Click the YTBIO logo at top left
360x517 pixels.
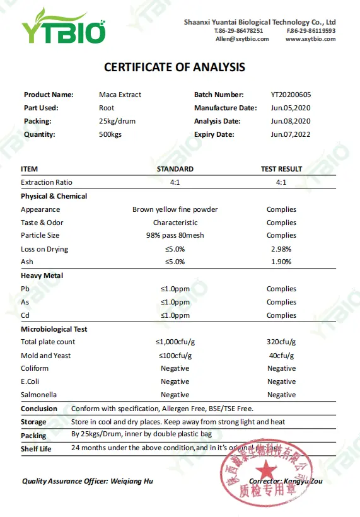pyautogui.click(x=63, y=27)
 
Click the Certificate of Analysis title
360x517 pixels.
pyautogui.click(x=175, y=67)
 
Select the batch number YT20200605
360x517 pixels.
pyautogui.click(x=291, y=95)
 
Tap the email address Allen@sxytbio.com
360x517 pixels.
pyautogui.click(x=242, y=39)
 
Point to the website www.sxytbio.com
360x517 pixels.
pyautogui.click(x=310, y=39)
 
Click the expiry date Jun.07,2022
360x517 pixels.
pyautogui.click(x=291, y=134)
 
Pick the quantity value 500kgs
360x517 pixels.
pyautogui.click(x=112, y=134)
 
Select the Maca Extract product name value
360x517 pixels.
pyautogui.click(x=120, y=95)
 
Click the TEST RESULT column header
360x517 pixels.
pyautogui.click(x=281, y=169)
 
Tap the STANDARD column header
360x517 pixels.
pyautogui.click(x=175, y=169)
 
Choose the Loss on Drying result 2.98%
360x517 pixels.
pyautogui.click(x=281, y=249)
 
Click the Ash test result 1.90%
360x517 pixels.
pyautogui.click(x=281, y=262)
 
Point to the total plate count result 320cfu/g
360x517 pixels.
pyautogui.click(x=281, y=342)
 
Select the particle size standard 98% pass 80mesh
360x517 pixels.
pyautogui.click(x=175, y=236)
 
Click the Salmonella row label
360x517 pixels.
pyautogui.click(x=38, y=395)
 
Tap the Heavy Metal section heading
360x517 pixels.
pyautogui.click(x=42, y=276)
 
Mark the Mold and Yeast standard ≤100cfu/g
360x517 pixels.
pyautogui.click(x=175, y=356)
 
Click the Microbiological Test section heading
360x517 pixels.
pyautogui.click(x=54, y=329)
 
